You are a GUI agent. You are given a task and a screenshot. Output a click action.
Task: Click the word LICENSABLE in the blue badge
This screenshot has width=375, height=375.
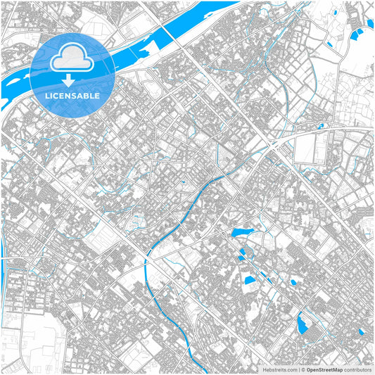(x=72, y=95)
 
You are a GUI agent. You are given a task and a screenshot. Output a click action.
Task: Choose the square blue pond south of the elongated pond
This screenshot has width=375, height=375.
(x=249, y=280)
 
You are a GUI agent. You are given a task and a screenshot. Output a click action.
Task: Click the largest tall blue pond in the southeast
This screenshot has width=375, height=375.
(x=302, y=323)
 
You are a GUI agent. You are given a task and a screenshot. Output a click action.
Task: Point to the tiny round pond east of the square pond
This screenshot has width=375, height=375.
(x=294, y=282)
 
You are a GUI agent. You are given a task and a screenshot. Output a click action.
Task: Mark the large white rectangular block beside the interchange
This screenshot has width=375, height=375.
(x=306, y=148)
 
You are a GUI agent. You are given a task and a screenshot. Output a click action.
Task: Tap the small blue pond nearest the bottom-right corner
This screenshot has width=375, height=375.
(x=362, y=331)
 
